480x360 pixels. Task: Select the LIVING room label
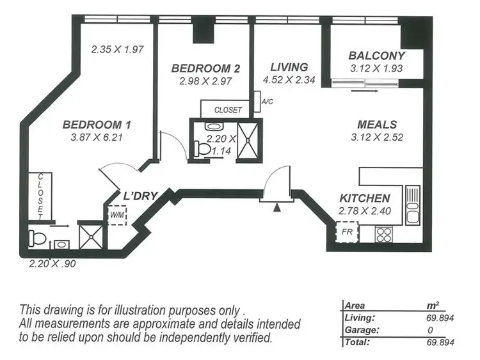tap(289, 67)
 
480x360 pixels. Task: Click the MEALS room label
tap(376, 125)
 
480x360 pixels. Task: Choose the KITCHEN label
tap(364, 198)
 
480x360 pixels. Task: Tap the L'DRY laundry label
tap(140, 196)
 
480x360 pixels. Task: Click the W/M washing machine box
tap(117, 215)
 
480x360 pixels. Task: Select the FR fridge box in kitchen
tap(346, 231)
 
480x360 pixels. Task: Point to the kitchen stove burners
tap(383, 235)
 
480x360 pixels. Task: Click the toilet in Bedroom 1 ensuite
tap(36, 240)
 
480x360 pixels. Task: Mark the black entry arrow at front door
tap(276, 207)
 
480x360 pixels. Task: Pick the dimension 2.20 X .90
tap(52, 262)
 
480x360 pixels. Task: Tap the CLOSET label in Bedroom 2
tap(228, 110)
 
